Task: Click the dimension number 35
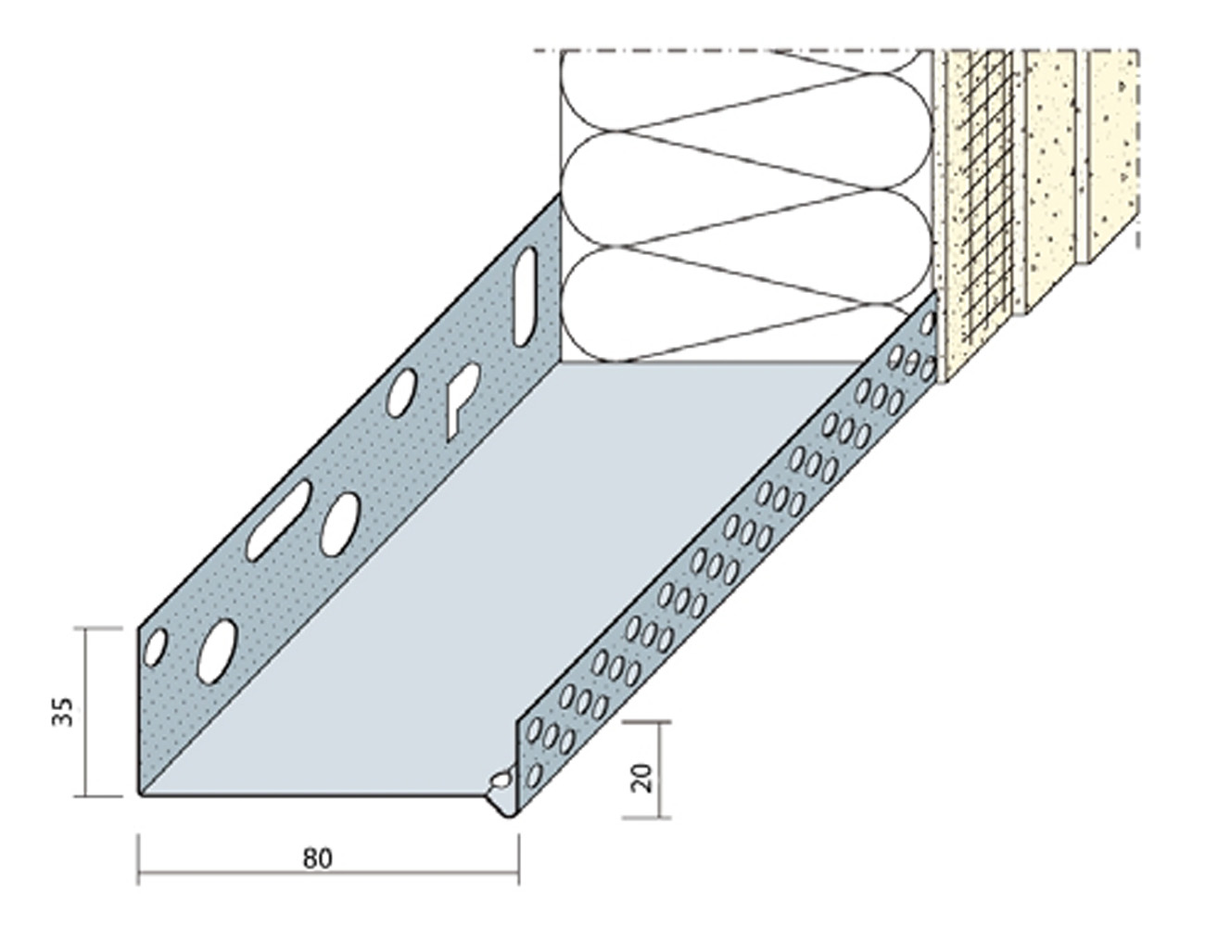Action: click(63, 712)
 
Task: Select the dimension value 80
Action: click(318, 858)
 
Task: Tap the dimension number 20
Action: click(641, 778)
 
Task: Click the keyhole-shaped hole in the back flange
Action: click(462, 400)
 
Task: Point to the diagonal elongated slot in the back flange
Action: click(278, 520)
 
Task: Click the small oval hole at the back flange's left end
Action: click(155, 646)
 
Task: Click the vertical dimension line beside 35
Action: click(86, 713)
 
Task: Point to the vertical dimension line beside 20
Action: click(659, 769)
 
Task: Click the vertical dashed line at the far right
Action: click(1138, 149)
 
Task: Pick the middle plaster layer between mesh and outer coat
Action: click(1051, 177)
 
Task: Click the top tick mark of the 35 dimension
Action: click(97, 629)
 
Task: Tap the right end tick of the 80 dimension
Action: click(519, 868)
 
